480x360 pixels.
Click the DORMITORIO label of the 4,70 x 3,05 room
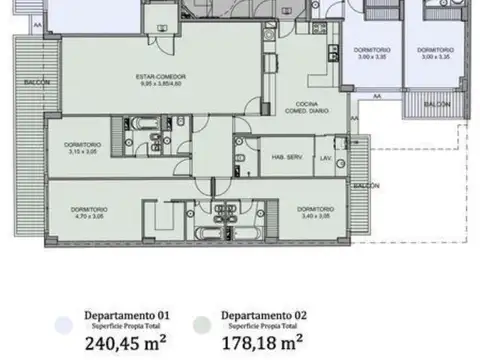[x=89, y=209]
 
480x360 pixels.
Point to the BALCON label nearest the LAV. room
[x=366, y=186]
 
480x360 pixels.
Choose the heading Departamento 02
[x=263, y=314]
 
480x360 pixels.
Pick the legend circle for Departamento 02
[x=204, y=324]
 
